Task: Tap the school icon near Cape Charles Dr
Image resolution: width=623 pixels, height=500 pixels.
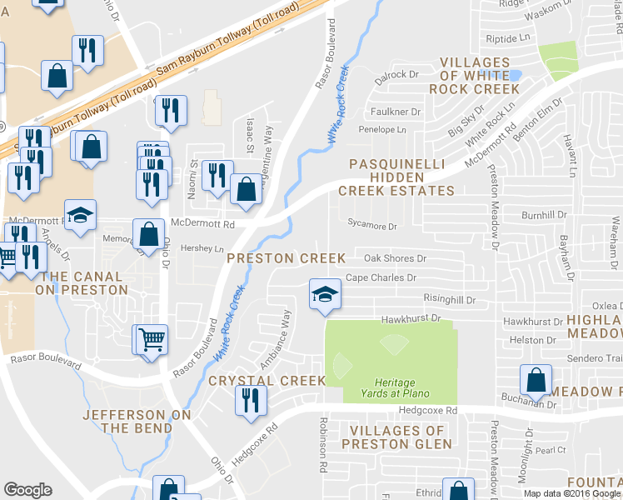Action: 325,293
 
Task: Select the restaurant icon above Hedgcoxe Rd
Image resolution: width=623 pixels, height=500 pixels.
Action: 251,400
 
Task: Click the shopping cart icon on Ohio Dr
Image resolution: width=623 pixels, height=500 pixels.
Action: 151,338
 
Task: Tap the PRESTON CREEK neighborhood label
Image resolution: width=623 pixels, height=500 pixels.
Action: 286,258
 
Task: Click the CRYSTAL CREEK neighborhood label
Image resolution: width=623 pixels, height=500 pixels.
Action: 267,380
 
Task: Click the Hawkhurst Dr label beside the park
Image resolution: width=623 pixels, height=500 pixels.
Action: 410,319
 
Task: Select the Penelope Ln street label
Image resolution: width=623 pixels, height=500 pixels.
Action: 382,130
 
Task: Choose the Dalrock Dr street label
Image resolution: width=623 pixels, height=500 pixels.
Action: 395,75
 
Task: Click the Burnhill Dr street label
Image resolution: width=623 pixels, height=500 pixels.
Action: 545,214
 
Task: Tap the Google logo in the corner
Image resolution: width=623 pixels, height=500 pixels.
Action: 27,490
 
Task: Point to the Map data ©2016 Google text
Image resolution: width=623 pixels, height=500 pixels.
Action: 571,493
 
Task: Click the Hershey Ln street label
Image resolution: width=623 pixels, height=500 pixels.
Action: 207,249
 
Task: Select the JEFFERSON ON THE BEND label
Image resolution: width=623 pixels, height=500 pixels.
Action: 137,421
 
